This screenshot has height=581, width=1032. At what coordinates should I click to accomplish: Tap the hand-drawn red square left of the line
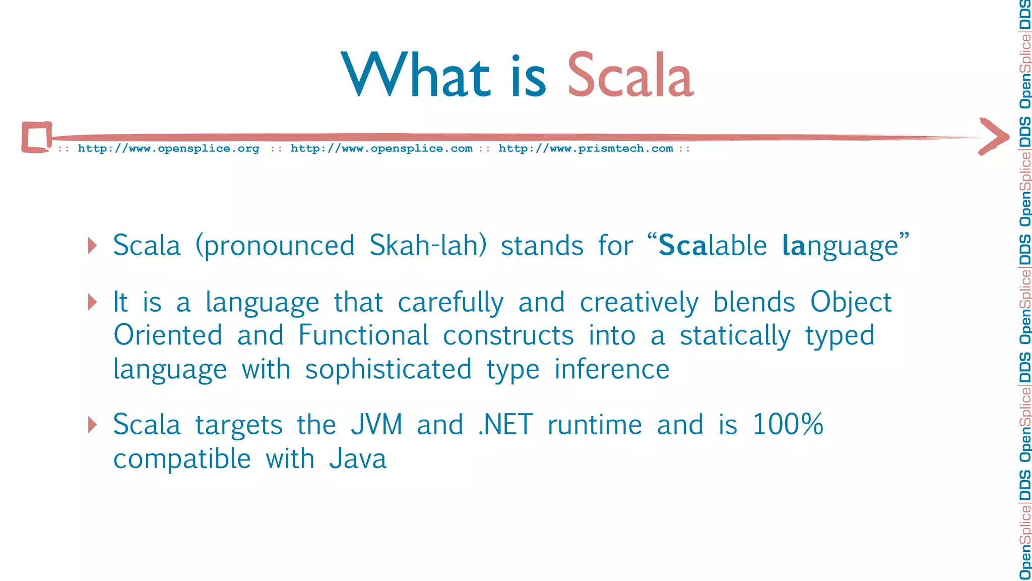click(37, 137)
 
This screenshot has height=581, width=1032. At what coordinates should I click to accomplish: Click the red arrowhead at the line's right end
click(994, 136)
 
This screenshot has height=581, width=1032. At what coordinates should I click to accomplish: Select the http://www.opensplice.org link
click(168, 149)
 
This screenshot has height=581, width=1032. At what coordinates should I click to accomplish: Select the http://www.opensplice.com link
click(381, 149)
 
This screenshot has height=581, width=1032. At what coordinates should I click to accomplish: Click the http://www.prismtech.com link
click(586, 149)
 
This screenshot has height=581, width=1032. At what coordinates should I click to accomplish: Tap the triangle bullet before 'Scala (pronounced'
click(92, 246)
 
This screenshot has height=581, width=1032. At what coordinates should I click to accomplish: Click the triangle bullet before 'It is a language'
click(92, 302)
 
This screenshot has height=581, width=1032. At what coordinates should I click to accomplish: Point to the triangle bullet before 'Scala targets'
click(92, 425)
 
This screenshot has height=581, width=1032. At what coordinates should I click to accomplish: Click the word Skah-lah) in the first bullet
click(428, 246)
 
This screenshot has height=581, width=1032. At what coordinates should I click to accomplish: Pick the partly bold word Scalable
click(713, 246)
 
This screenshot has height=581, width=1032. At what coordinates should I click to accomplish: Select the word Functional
click(363, 335)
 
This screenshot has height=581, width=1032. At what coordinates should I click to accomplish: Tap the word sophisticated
click(388, 370)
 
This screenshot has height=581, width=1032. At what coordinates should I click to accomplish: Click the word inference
click(612, 369)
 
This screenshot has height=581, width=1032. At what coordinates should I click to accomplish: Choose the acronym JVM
click(376, 425)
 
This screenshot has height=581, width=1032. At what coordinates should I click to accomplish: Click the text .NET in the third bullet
click(505, 425)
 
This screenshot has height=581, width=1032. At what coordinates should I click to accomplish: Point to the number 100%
click(788, 425)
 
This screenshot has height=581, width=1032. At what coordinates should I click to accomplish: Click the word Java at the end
click(358, 459)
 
